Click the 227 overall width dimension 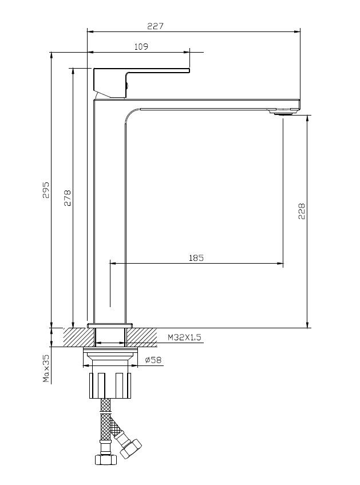155,26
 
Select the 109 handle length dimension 141,47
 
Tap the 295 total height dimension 46,190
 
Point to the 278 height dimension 68,198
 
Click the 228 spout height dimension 302,211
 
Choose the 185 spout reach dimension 196,257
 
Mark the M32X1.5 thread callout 184,337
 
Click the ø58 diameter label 153,360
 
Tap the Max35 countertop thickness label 46,368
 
